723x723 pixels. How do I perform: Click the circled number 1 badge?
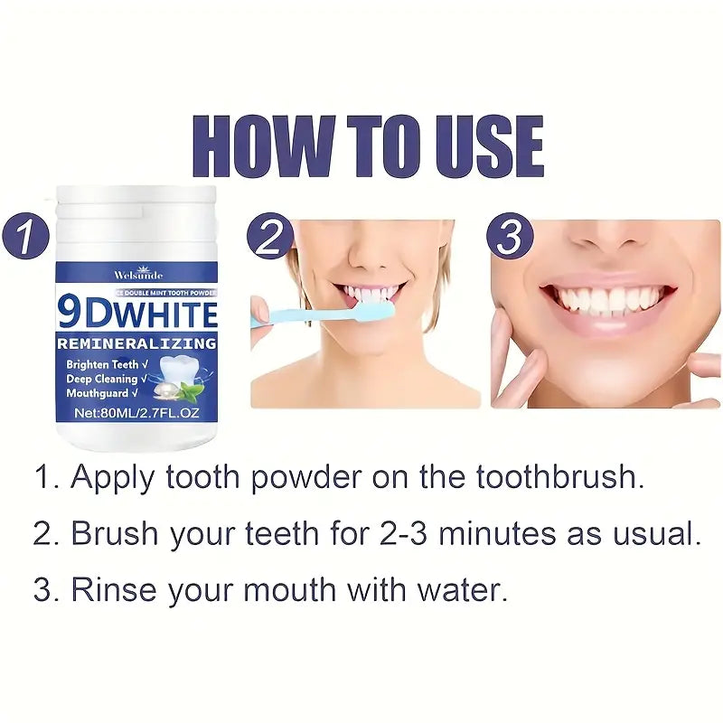point(30,237)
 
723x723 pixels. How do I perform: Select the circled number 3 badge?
point(511,238)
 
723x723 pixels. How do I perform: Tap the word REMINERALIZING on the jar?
point(136,343)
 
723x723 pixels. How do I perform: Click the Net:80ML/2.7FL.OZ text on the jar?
point(136,412)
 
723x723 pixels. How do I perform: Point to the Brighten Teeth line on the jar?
point(100,363)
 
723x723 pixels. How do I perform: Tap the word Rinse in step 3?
point(109,590)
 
